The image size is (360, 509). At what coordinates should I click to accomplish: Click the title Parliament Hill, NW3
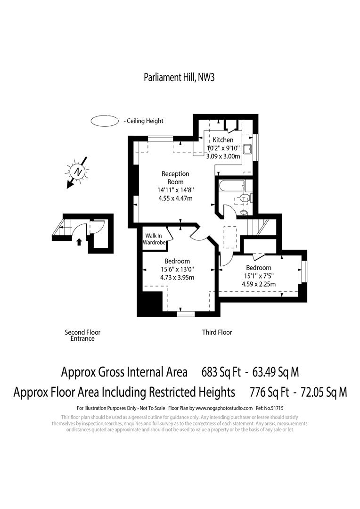coord(179,78)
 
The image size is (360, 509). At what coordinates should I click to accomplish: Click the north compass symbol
coord(79,172)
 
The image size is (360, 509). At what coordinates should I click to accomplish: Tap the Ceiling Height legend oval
coord(104,121)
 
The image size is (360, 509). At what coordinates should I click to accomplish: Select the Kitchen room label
coord(223,140)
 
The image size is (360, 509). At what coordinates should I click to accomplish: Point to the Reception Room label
coord(175,178)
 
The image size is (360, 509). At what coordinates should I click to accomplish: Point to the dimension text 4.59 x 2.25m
coord(259,284)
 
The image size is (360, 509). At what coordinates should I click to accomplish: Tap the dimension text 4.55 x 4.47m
coord(175,198)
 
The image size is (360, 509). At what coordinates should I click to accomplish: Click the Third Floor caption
coord(217,332)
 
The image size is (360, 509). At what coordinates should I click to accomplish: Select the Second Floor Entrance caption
coord(82,335)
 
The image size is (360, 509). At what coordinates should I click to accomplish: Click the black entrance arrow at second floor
coord(79,242)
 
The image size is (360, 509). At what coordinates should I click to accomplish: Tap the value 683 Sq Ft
coord(221,372)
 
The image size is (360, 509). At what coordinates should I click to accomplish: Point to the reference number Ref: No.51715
coord(270,407)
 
